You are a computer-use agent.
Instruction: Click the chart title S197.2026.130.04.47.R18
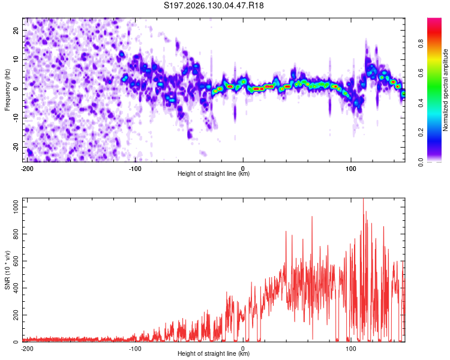214,5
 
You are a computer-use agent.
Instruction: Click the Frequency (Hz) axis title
7,90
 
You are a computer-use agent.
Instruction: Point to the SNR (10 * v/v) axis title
7,270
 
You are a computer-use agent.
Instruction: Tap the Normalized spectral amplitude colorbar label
445,90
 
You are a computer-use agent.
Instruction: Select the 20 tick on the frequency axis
16,30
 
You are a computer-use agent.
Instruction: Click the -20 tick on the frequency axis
16,147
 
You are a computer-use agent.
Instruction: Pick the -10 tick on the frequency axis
16,118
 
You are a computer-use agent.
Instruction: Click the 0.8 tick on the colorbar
421,44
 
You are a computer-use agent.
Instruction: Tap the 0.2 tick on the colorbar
421,133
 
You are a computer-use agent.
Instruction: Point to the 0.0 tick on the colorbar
421,162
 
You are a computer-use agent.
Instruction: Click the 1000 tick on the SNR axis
16,207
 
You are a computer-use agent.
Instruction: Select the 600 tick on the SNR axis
16,261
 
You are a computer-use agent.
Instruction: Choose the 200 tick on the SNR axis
16,315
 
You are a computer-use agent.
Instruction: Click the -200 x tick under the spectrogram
27,169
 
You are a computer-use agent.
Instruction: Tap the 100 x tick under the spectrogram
351,169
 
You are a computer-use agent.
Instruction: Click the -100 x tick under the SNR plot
135,349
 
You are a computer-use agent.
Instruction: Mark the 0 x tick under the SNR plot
243,349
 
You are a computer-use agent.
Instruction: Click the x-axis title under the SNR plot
214,353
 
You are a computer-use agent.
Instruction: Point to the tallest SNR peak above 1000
364,200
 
